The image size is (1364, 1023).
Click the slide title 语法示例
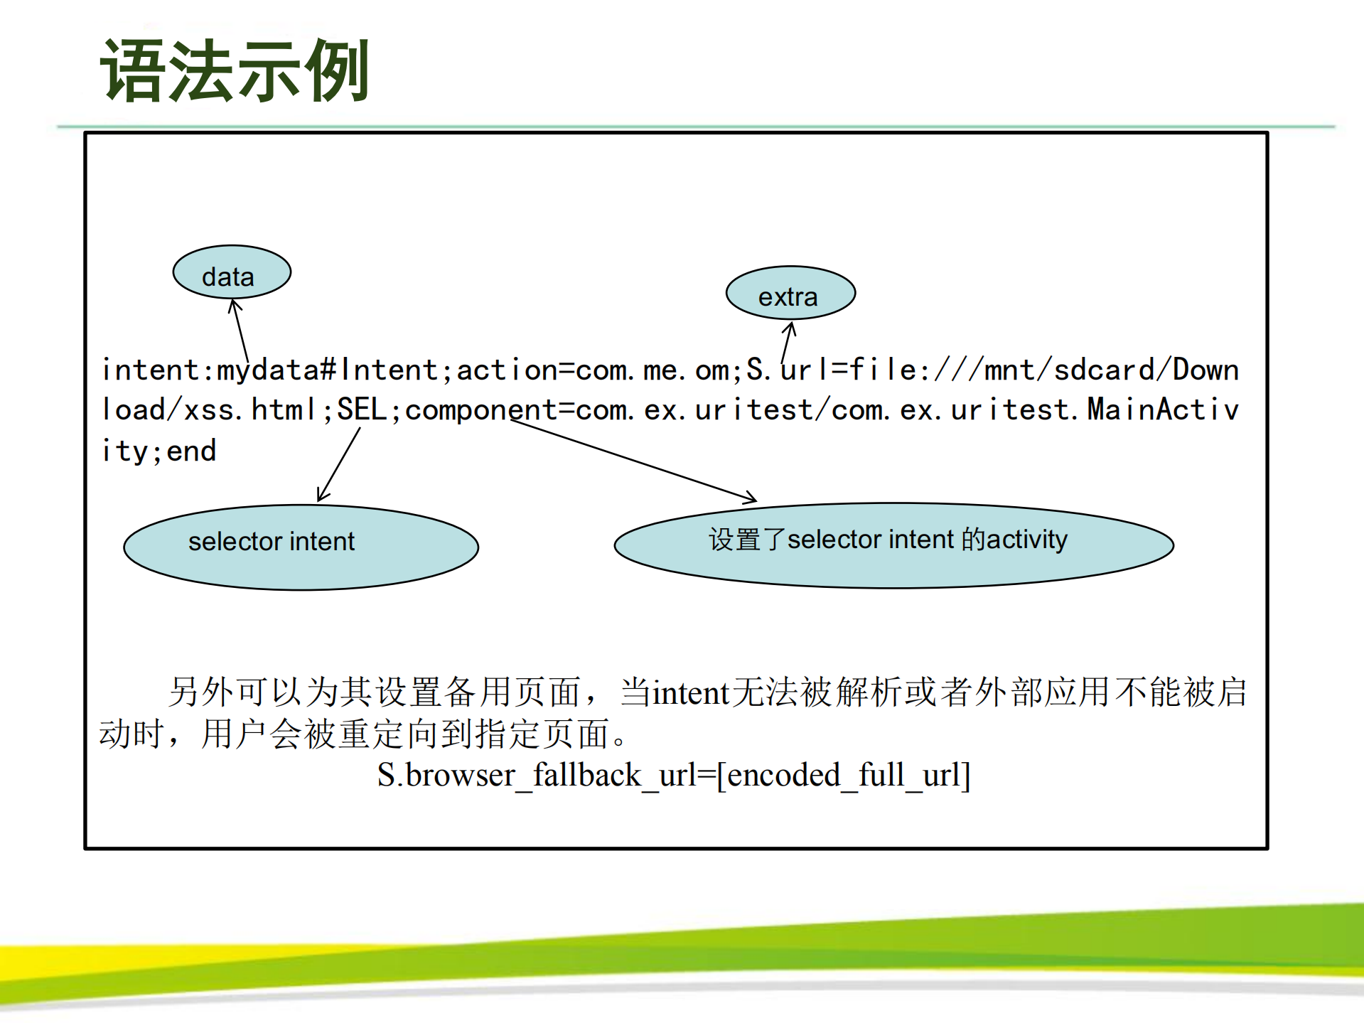coord(235,71)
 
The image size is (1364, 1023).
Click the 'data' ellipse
coord(232,273)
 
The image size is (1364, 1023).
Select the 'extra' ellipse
coord(790,294)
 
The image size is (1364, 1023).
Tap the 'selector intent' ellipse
coord(301,547)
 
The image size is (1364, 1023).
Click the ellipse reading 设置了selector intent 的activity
coord(893,545)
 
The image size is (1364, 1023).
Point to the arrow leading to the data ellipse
coord(240,331)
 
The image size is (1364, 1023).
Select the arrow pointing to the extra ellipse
coord(787,343)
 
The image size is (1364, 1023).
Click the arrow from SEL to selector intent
coord(339,465)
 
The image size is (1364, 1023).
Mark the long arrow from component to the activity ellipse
coord(633,461)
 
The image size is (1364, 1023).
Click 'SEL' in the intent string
coord(361,410)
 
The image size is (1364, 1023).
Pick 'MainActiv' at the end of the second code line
coord(1163,410)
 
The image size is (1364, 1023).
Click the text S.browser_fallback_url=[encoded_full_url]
coord(673,775)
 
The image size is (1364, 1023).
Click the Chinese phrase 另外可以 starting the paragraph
coord(235,692)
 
